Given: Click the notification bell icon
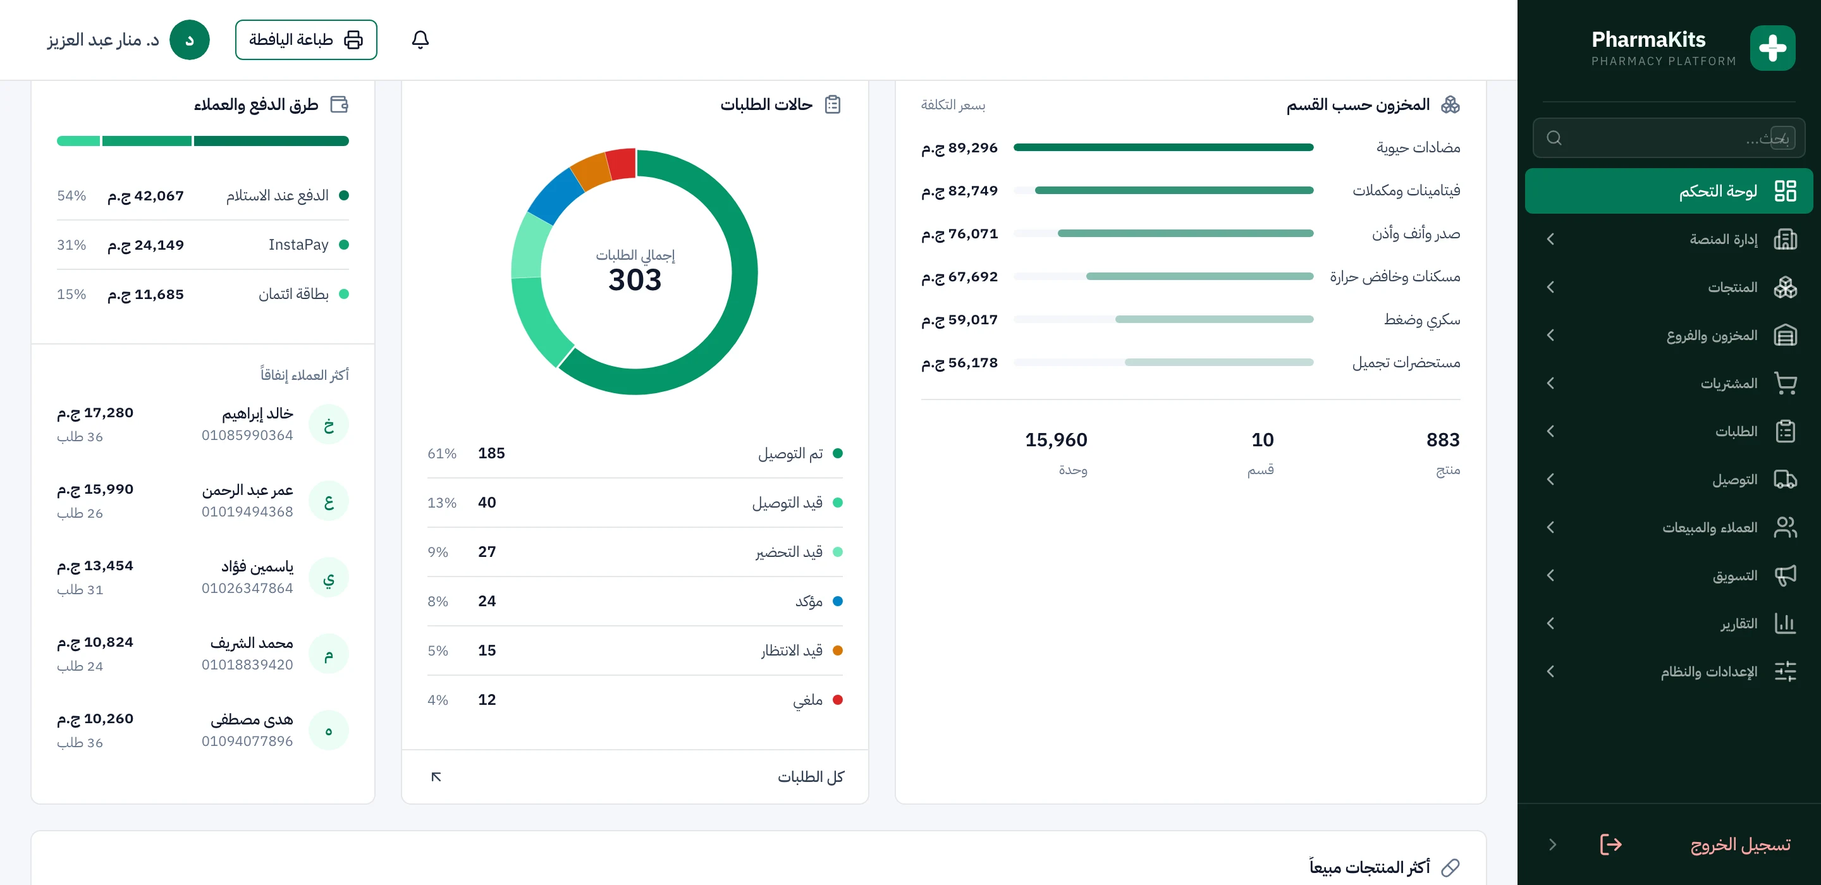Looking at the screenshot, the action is point(420,40).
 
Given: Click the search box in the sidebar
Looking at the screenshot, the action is point(1669,138).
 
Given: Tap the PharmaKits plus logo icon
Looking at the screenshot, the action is point(1772,48).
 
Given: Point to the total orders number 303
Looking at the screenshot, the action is point(635,280).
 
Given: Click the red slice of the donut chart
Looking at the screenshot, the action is point(622,163).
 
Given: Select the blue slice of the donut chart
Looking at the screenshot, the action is point(555,196).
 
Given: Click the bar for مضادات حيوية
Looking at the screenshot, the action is point(1163,148).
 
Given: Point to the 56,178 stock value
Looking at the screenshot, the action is point(959,363).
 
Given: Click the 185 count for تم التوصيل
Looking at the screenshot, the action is point(491,453).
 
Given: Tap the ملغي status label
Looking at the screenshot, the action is point(807,700).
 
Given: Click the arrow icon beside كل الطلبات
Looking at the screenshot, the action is point(436,777).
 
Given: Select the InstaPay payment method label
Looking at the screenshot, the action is point(298,245).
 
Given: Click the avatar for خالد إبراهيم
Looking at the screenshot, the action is point(329,425).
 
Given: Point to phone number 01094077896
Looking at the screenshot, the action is point(247,741).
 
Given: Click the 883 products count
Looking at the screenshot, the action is point(1443,440).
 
